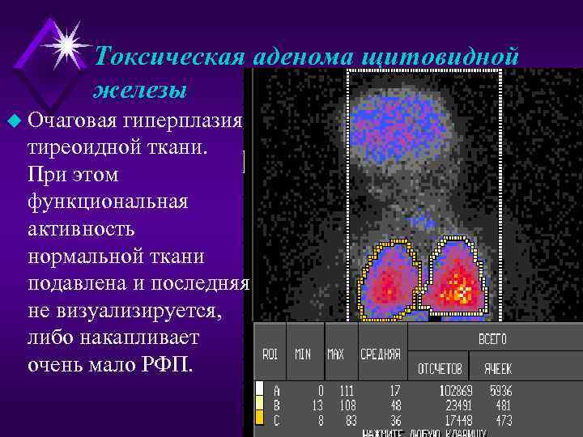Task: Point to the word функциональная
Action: coord(108,202)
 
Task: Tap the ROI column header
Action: coord(270,354)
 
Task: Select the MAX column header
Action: coord(335,354)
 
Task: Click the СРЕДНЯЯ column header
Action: coord(380,354)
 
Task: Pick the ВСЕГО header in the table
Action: coord(492,340)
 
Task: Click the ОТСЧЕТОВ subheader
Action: coord(440,368)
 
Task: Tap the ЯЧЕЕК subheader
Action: coord(497,368)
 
